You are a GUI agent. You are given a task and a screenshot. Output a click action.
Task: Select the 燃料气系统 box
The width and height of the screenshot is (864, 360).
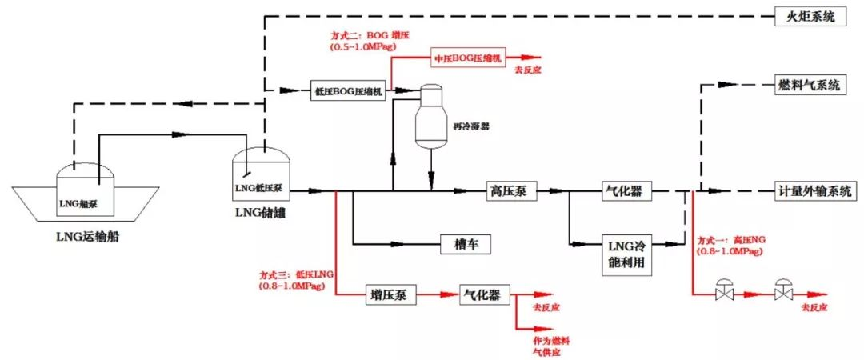[x=809, y=85]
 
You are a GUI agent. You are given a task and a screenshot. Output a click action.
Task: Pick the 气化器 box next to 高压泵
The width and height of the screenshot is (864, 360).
[x=626, y=191]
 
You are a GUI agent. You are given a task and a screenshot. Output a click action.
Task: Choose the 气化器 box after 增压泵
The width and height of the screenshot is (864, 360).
[x=482, y=295]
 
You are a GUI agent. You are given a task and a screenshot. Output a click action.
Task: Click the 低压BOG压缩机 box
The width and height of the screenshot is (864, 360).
[x=350, y=90]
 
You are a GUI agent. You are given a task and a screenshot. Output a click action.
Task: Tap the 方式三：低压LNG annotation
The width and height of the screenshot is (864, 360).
[x=297, y=279]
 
